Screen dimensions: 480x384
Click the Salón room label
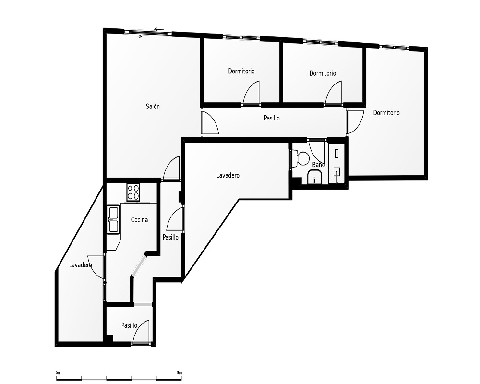click(153, 107)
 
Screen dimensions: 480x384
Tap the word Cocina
click(139, 220)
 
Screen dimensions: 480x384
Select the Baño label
click(318, 165)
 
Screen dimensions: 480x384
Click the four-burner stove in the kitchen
click(133, 192)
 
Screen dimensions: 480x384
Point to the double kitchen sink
click(113, 219)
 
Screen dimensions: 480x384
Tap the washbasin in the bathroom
click(314, 178)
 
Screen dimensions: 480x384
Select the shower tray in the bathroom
click(336, 163)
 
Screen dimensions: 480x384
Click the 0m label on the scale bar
click(58, 373)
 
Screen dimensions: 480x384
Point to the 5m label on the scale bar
click(180, 373)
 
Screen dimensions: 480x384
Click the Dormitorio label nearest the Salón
click(241, 72)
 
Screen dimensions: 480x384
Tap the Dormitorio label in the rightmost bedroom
click(386, 113)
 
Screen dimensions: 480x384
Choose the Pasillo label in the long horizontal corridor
click(272, 118)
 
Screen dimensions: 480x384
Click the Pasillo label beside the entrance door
click(129, 325)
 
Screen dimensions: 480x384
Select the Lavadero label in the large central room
click(228, 176)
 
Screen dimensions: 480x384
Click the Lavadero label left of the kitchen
click(81, 265)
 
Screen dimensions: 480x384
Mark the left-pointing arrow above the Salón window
click(159, 30)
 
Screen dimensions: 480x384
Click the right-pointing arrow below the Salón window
click(137, 36)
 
